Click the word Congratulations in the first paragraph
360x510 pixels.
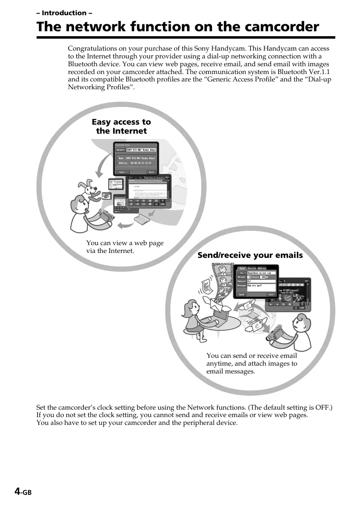tap(89, 49)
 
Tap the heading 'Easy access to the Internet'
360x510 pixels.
tap(121, 126)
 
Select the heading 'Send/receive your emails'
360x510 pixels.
tap(250, 255)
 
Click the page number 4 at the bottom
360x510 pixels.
tap(17, 491)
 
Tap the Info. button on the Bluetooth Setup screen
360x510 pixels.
tap(122, 172)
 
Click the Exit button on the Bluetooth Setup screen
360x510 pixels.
tap(151, 172)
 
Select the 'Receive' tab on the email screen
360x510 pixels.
tap(252, 268)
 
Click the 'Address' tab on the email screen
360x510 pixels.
tap(262, 268)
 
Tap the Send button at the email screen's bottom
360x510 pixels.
tap(242, 294)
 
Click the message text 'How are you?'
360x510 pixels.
tap(255, 285)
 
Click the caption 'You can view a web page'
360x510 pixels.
tap(125, 243)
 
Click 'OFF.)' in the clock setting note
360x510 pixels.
tap(324, 408)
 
